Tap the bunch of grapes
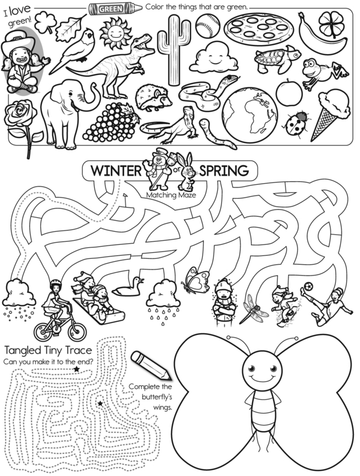(107, 121)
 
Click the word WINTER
(116, 170)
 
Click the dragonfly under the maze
(253, 308)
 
